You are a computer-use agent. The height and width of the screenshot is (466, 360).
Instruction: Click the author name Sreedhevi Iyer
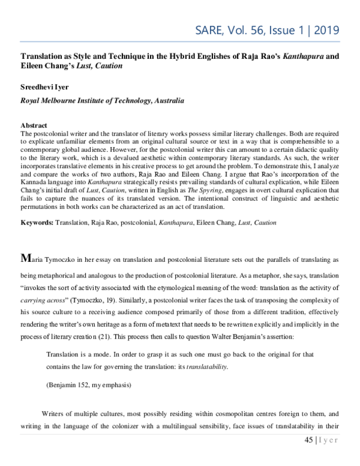click(x=34, y=88)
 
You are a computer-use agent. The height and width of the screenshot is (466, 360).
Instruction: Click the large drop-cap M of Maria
click(x=25, y=258)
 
